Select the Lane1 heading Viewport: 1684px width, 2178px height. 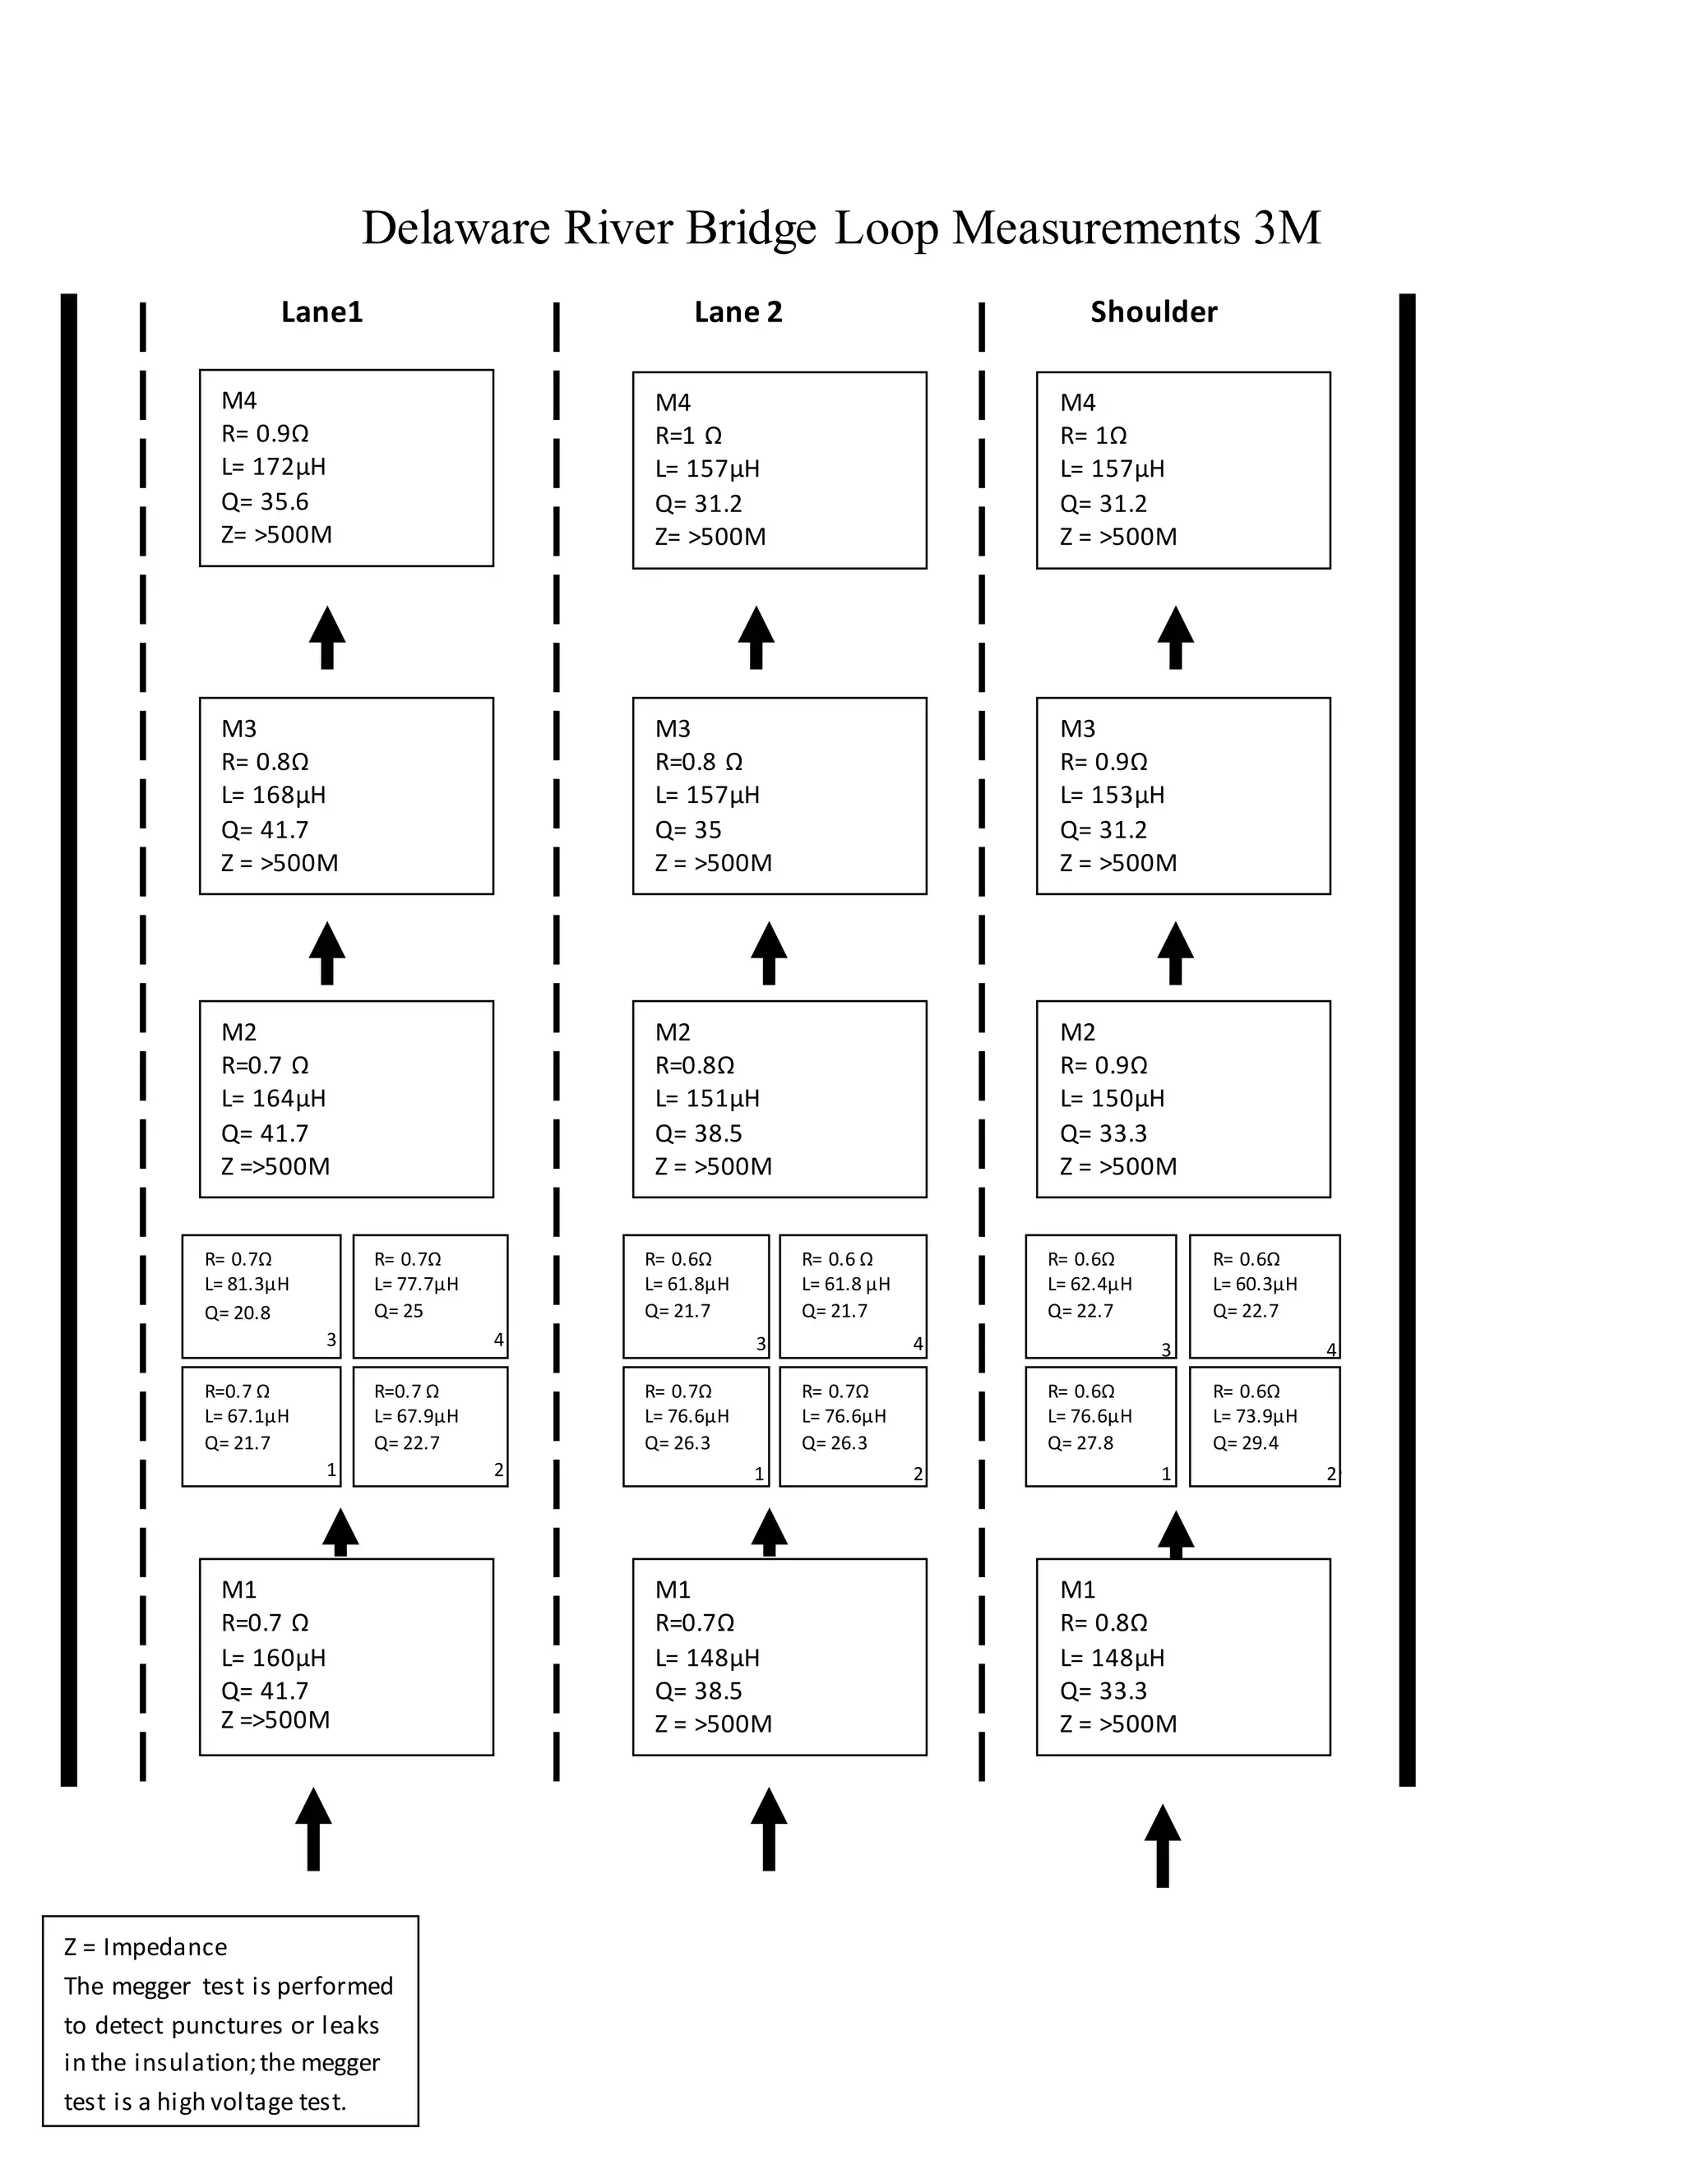coord(322,312)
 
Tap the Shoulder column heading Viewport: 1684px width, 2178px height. coord(1154,312)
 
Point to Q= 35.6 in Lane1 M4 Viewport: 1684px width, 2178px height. coord(265,501)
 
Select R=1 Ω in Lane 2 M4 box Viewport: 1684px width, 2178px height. coord(688,436)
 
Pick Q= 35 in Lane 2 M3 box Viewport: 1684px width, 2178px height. coord(687,830)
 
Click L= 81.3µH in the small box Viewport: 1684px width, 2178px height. coord(247,1285)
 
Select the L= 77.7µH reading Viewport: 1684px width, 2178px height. coord(416,1285)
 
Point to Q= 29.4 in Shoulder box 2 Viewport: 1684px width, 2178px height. coord(1245,1443)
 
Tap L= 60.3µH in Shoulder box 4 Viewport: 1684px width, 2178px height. coord(1255,1285)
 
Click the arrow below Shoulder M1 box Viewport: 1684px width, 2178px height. coord(1162,1845)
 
